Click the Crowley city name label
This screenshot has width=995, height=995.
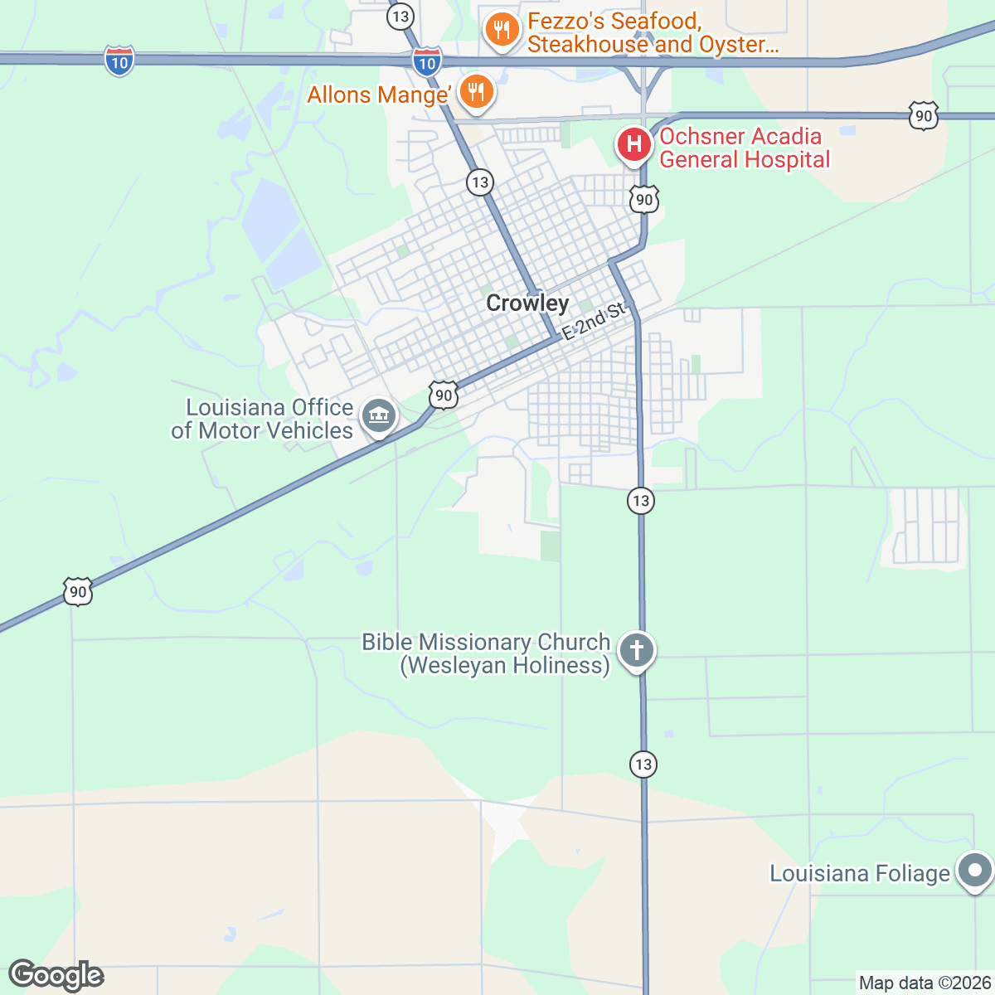(527, 303)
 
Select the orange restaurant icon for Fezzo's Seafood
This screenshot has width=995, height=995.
(502, 31)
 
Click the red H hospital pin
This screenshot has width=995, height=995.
(634, 144)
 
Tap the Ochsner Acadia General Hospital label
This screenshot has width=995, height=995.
(744, 148)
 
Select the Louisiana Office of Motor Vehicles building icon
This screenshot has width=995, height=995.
(379, 415)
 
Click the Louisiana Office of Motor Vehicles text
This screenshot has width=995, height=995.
(263, 420)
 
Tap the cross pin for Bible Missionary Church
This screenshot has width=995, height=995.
(637, 650)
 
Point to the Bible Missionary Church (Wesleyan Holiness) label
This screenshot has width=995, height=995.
(487, 654)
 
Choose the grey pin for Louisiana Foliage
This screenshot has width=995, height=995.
(975, 871)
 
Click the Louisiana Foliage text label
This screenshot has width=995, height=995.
(860, 874)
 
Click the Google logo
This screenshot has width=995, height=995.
(56, 975)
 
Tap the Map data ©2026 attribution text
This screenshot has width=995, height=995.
(925, 983)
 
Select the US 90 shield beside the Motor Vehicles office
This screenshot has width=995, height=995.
(444, 396)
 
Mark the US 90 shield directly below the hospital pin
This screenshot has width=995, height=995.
(644, 200)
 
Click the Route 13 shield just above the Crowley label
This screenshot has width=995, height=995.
(480, 182)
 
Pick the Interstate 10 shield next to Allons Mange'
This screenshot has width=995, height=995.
(427, 62)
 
